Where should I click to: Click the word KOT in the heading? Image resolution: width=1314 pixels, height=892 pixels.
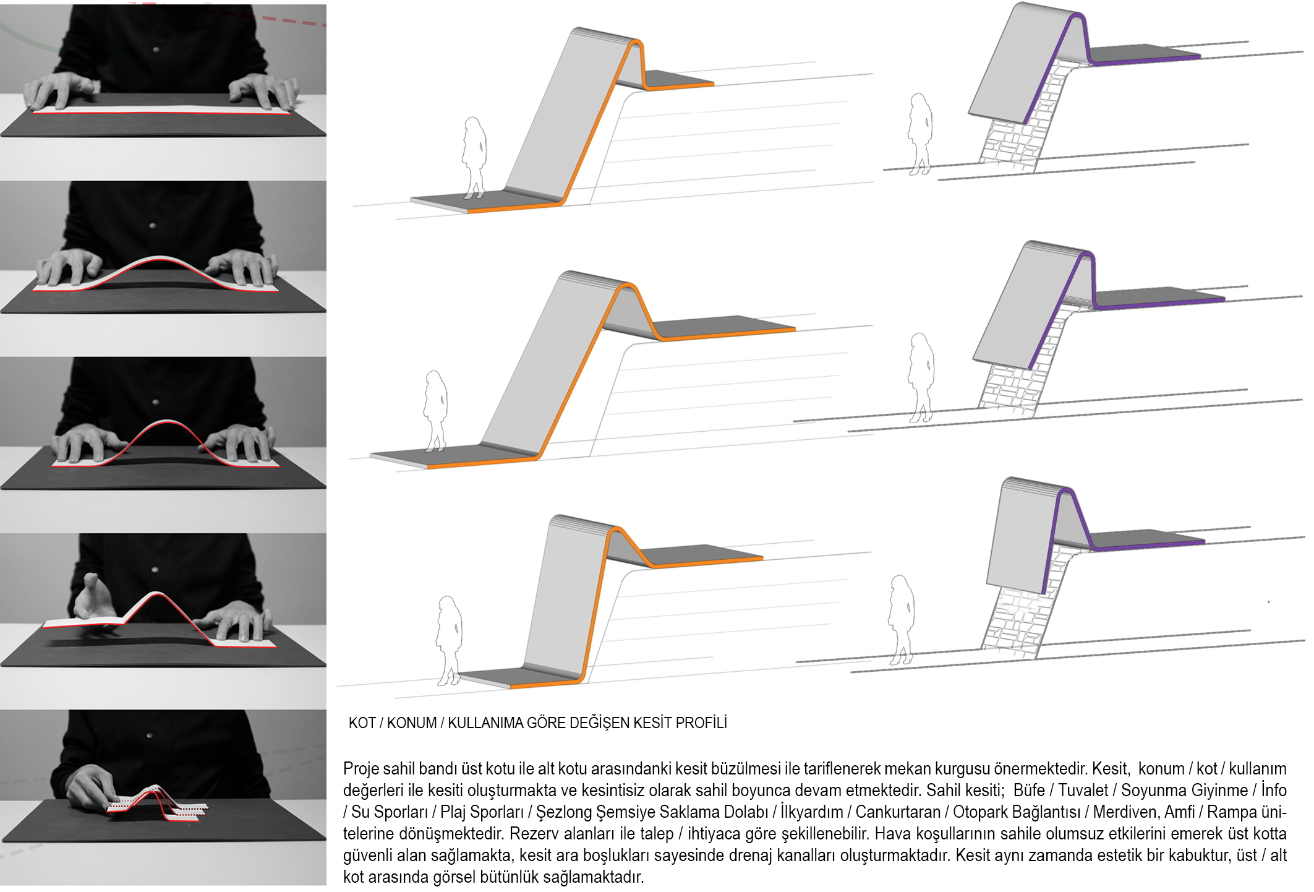click(362, 723)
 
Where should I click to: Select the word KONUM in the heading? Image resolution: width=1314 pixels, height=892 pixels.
click(411, 723)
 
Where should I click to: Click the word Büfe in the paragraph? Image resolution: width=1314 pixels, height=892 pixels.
click(1029, 791)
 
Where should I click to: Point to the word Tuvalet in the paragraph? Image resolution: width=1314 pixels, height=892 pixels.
click(1083, 791)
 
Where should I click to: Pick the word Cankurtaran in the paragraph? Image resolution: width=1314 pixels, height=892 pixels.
click(897, 812)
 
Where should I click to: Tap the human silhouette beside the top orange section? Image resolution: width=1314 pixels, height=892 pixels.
click(474, 158)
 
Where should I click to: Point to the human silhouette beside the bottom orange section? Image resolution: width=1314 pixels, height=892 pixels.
click(449, 640)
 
